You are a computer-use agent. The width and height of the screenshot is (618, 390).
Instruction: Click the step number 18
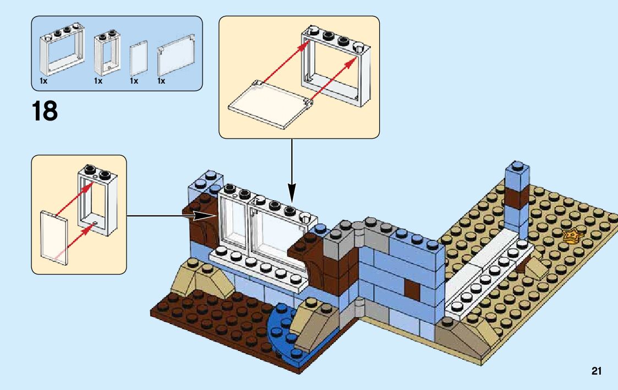(x=45, y=111)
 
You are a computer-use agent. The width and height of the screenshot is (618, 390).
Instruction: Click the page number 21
(x=596, y=371)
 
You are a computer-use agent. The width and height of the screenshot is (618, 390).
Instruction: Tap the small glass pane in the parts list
(x=138, y=59)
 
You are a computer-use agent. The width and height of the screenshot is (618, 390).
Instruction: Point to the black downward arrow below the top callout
(x=291, y=171)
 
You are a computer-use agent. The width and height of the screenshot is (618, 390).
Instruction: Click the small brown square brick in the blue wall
(x=411, y=288)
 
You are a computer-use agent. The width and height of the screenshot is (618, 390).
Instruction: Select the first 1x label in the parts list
(x=44, y=81)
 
